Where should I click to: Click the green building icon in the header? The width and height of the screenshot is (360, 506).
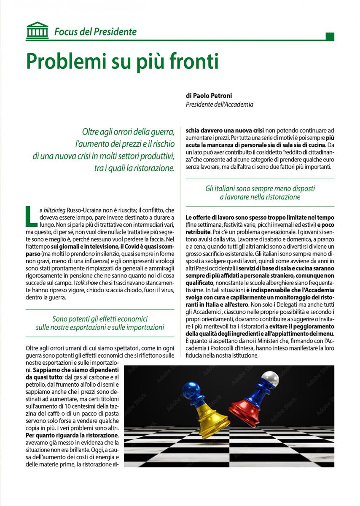(37, 31)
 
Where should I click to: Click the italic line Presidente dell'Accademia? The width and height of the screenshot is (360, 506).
(220, 104)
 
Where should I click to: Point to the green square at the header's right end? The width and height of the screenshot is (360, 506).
(330, 37)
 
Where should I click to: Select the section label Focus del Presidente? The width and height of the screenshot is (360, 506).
(95, 32)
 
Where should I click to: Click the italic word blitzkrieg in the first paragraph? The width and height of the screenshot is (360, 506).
(56, 210)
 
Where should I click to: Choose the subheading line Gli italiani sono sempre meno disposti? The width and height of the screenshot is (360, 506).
(260, 188)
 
